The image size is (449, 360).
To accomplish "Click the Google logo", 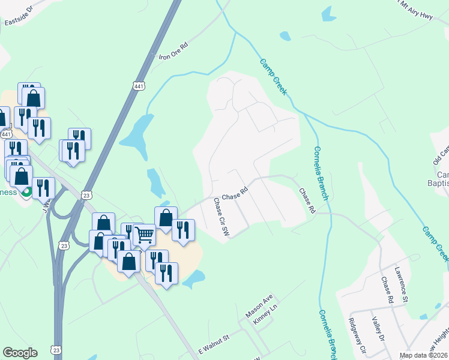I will click(x=20, y=353).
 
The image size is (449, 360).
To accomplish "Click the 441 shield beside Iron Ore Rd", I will click(x=139, y=86).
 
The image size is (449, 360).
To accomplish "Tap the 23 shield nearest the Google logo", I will click(x=56, y=349).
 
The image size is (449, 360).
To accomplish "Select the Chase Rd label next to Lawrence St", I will click(x=386, y=290).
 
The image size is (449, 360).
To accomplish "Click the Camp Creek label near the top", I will click(x=274, y=77).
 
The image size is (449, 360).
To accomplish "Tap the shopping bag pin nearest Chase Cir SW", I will click(x=166, y=217).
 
